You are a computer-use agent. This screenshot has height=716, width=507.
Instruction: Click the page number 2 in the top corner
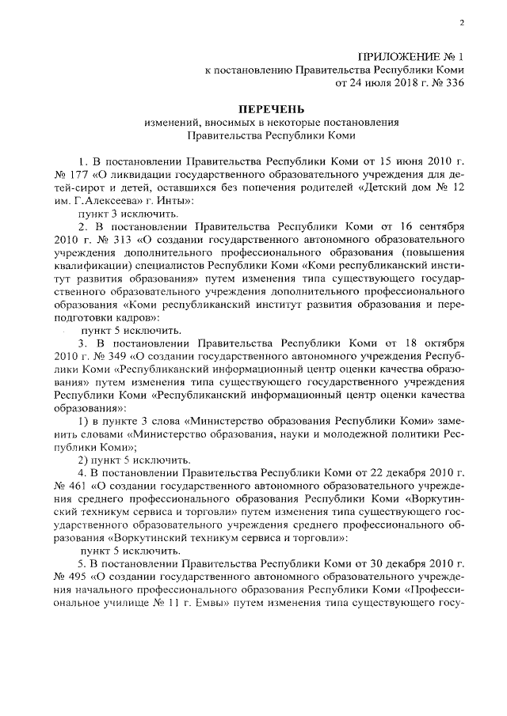pos(460,23)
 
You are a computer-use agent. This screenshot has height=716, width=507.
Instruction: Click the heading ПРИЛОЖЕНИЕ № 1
pos(410,57)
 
